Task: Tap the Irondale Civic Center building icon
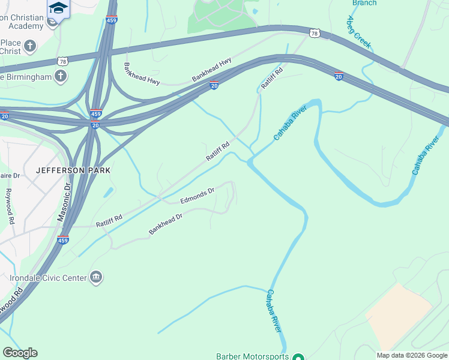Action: coord(95,277)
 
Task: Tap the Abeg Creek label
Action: coord(359,32)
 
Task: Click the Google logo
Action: coord(20,353)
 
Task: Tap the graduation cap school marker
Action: coord(58,8)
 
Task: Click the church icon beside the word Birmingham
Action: coord(60,76)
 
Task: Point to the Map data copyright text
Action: coord(412,355)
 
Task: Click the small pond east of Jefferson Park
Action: coord(109,192)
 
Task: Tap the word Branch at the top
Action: coord(364,3)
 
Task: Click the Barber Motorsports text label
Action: coord(252,356)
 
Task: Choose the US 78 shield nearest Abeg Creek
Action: coord(313,32)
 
